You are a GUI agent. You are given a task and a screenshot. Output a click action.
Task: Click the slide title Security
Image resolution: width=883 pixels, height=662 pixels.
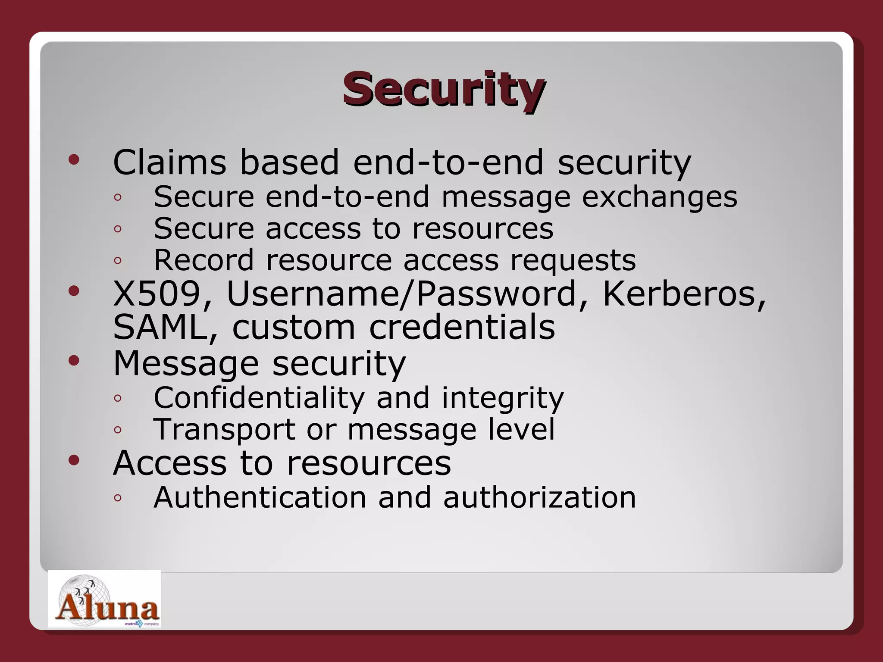tap(444, 89)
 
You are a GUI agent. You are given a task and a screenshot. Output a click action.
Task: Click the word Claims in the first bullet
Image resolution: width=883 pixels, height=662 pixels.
tap(169, 162)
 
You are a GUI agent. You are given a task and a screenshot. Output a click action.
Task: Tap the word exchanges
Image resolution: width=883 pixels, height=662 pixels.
tap(660, 197)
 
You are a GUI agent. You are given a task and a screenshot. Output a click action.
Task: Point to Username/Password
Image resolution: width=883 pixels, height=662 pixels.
tap(402, 294)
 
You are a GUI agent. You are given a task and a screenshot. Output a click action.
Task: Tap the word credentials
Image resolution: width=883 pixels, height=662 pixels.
tap(462, 328)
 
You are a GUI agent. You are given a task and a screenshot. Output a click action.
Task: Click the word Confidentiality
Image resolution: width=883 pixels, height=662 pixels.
tap(259, 397)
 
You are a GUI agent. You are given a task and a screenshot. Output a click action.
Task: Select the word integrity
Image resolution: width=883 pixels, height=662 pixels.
tap(502, 398)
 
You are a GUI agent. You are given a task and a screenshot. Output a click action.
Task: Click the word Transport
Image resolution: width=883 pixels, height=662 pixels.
tap(224, 430)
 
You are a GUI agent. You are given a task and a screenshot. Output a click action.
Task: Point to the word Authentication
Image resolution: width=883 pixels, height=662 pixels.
tap(260, 497)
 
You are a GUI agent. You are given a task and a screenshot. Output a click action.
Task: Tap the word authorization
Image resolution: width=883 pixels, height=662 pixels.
tap(539, 497)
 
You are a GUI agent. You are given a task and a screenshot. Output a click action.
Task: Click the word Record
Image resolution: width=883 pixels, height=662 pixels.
tap(204, 260)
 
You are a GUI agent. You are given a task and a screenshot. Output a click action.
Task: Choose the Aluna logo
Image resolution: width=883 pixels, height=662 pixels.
tap(105, 599)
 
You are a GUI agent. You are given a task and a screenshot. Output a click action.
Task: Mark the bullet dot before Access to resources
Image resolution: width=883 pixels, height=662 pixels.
tap(74, 460)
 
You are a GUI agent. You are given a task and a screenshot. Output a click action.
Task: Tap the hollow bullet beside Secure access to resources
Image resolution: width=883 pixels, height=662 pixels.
tap(118, 229)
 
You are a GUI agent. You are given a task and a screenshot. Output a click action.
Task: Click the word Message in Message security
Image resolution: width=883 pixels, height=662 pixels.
tap(186, 363)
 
